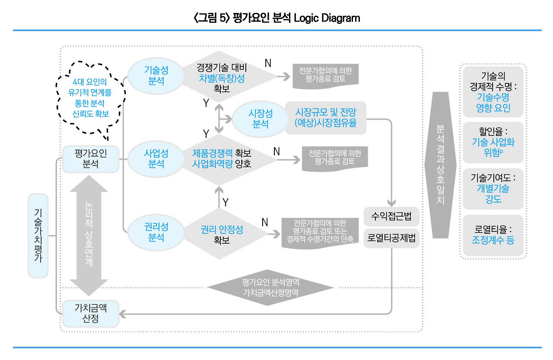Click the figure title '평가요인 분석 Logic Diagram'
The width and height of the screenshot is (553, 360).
[276, 18]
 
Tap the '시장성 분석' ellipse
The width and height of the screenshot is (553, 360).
[261, 119]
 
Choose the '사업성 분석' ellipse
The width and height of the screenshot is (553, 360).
[156, 159]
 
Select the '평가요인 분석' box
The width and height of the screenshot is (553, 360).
[91, 159]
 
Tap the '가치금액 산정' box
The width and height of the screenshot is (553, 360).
[91, 313]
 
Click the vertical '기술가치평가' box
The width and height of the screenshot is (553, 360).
[38, 236]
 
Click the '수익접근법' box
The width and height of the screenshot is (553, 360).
[391, 217]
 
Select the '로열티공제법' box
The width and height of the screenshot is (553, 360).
[391, 238]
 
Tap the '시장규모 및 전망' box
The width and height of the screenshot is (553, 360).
[326, 117]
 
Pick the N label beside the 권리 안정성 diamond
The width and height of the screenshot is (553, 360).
[265, 222]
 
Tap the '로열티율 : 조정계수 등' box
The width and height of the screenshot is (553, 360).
[493, 235]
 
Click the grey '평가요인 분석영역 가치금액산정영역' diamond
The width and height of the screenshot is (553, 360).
[270, 287]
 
